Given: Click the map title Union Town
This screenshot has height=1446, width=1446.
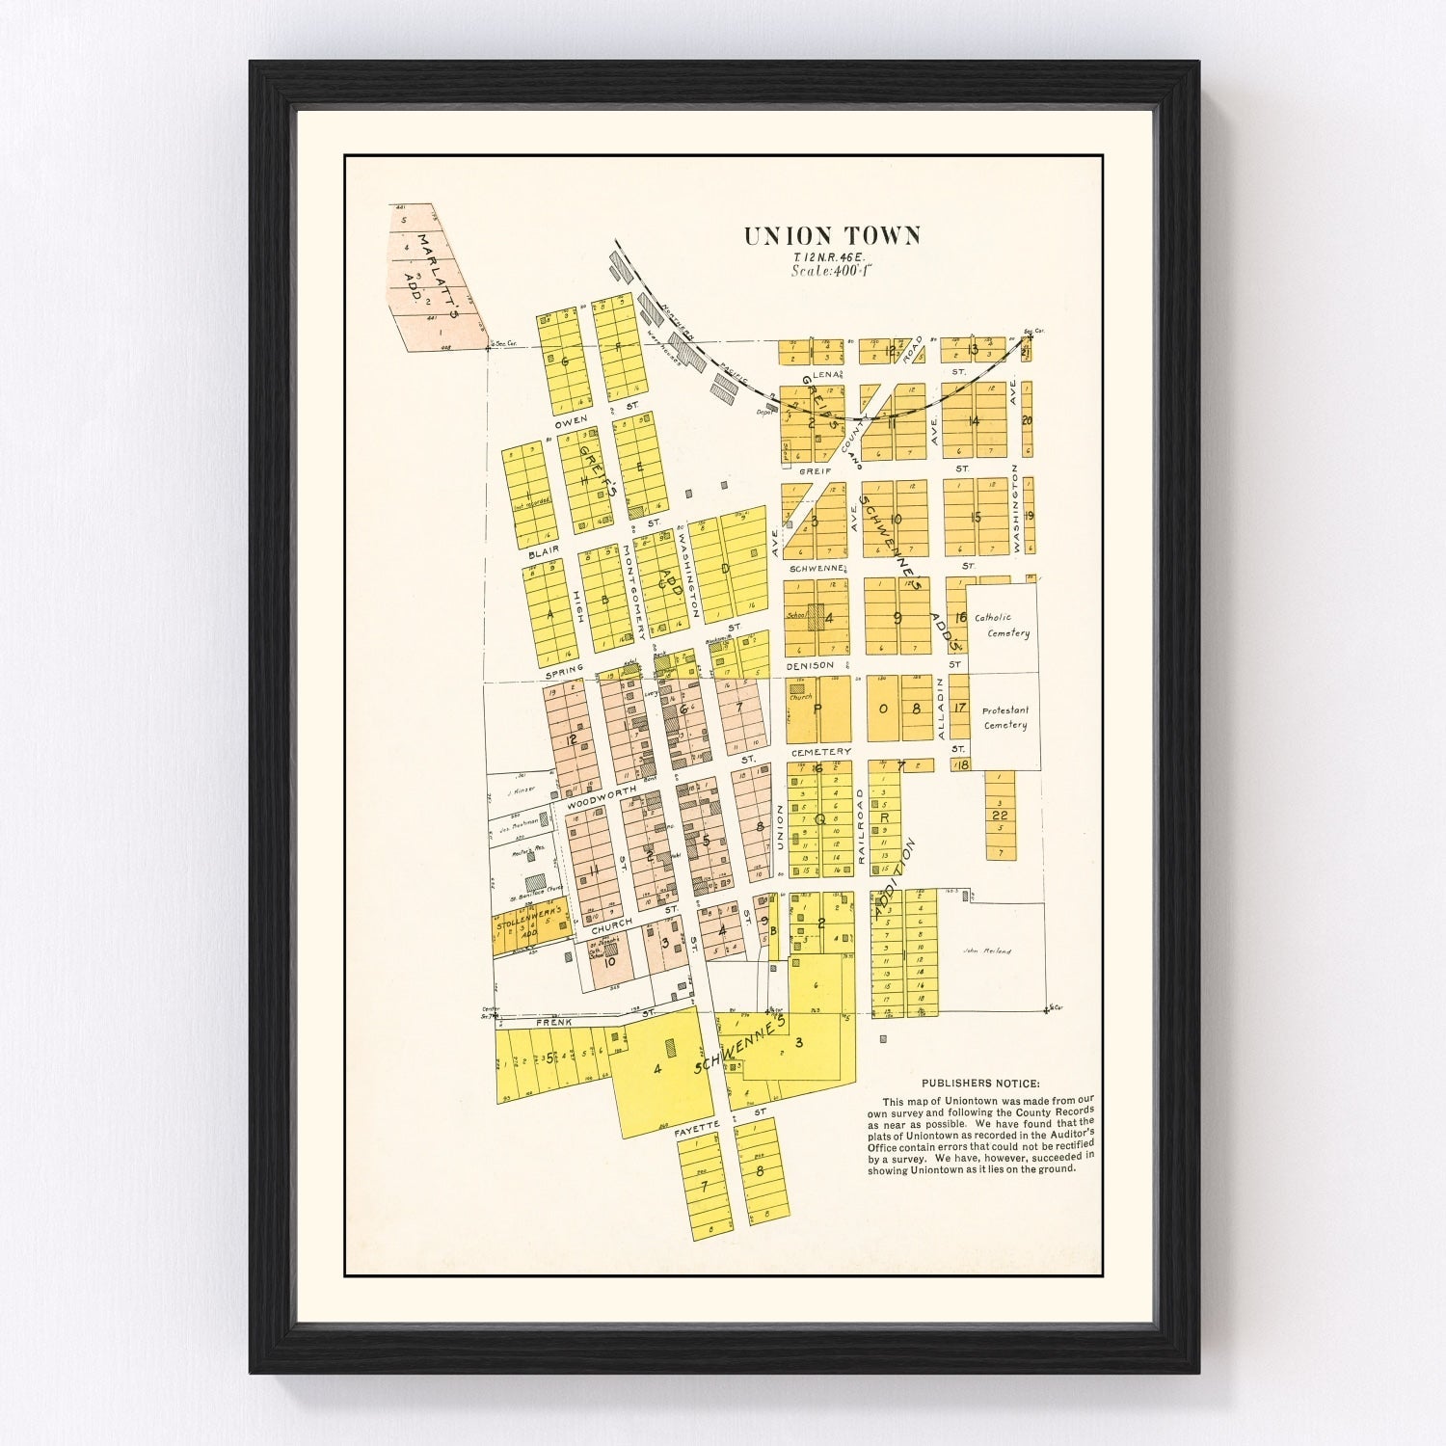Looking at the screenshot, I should click(831, 236).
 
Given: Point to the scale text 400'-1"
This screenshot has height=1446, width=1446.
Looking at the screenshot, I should click(831, 271).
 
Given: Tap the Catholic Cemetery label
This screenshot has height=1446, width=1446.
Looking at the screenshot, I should click(1003, 626).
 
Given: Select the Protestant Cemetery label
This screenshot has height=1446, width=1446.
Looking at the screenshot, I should click(1004, 717).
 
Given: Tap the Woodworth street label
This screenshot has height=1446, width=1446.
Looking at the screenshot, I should click(602, 795).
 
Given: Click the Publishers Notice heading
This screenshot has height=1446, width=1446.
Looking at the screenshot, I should click(980, 1084).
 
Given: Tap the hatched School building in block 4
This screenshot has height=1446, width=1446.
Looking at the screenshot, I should click(816, 617).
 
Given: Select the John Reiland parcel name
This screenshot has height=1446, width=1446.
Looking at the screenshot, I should click(987, 951).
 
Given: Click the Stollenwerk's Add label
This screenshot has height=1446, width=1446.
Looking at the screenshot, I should click(528, 924).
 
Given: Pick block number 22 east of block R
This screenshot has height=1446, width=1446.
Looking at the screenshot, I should click(1000, 816).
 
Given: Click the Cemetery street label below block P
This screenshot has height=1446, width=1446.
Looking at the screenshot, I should click(819, 751).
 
